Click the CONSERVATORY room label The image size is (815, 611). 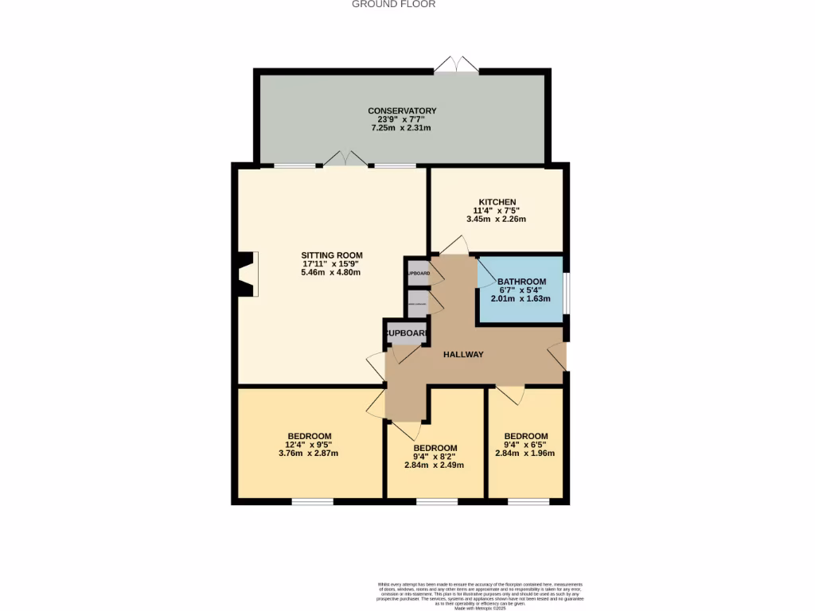(x=402, y=111)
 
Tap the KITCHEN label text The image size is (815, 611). (x=497, y=202)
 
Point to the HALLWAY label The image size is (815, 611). (x=463, y=355)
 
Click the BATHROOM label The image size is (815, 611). (x=521, y=282)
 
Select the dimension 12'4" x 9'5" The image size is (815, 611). (x=309, y=445)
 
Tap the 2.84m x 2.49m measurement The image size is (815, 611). (x=435, y=465)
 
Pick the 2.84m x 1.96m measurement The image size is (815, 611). (x=525, y=453)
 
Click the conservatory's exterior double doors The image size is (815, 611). (x=457, y=65)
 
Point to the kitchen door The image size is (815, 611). (x=454, y=246)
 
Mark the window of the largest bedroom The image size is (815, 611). (x=312, y=501)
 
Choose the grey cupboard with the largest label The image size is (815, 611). (x=407, y=333)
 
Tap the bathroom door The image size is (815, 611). (x=487, y=272)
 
